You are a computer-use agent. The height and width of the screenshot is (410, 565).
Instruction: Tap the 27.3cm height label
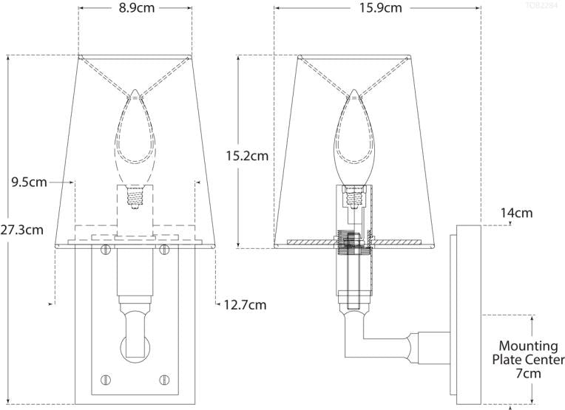point(21,230)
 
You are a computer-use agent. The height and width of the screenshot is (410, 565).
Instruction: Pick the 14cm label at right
point(516,213)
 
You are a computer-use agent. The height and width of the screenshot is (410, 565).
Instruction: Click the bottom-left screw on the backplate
point(106,380)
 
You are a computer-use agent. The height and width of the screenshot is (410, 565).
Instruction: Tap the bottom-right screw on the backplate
point(164,380)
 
